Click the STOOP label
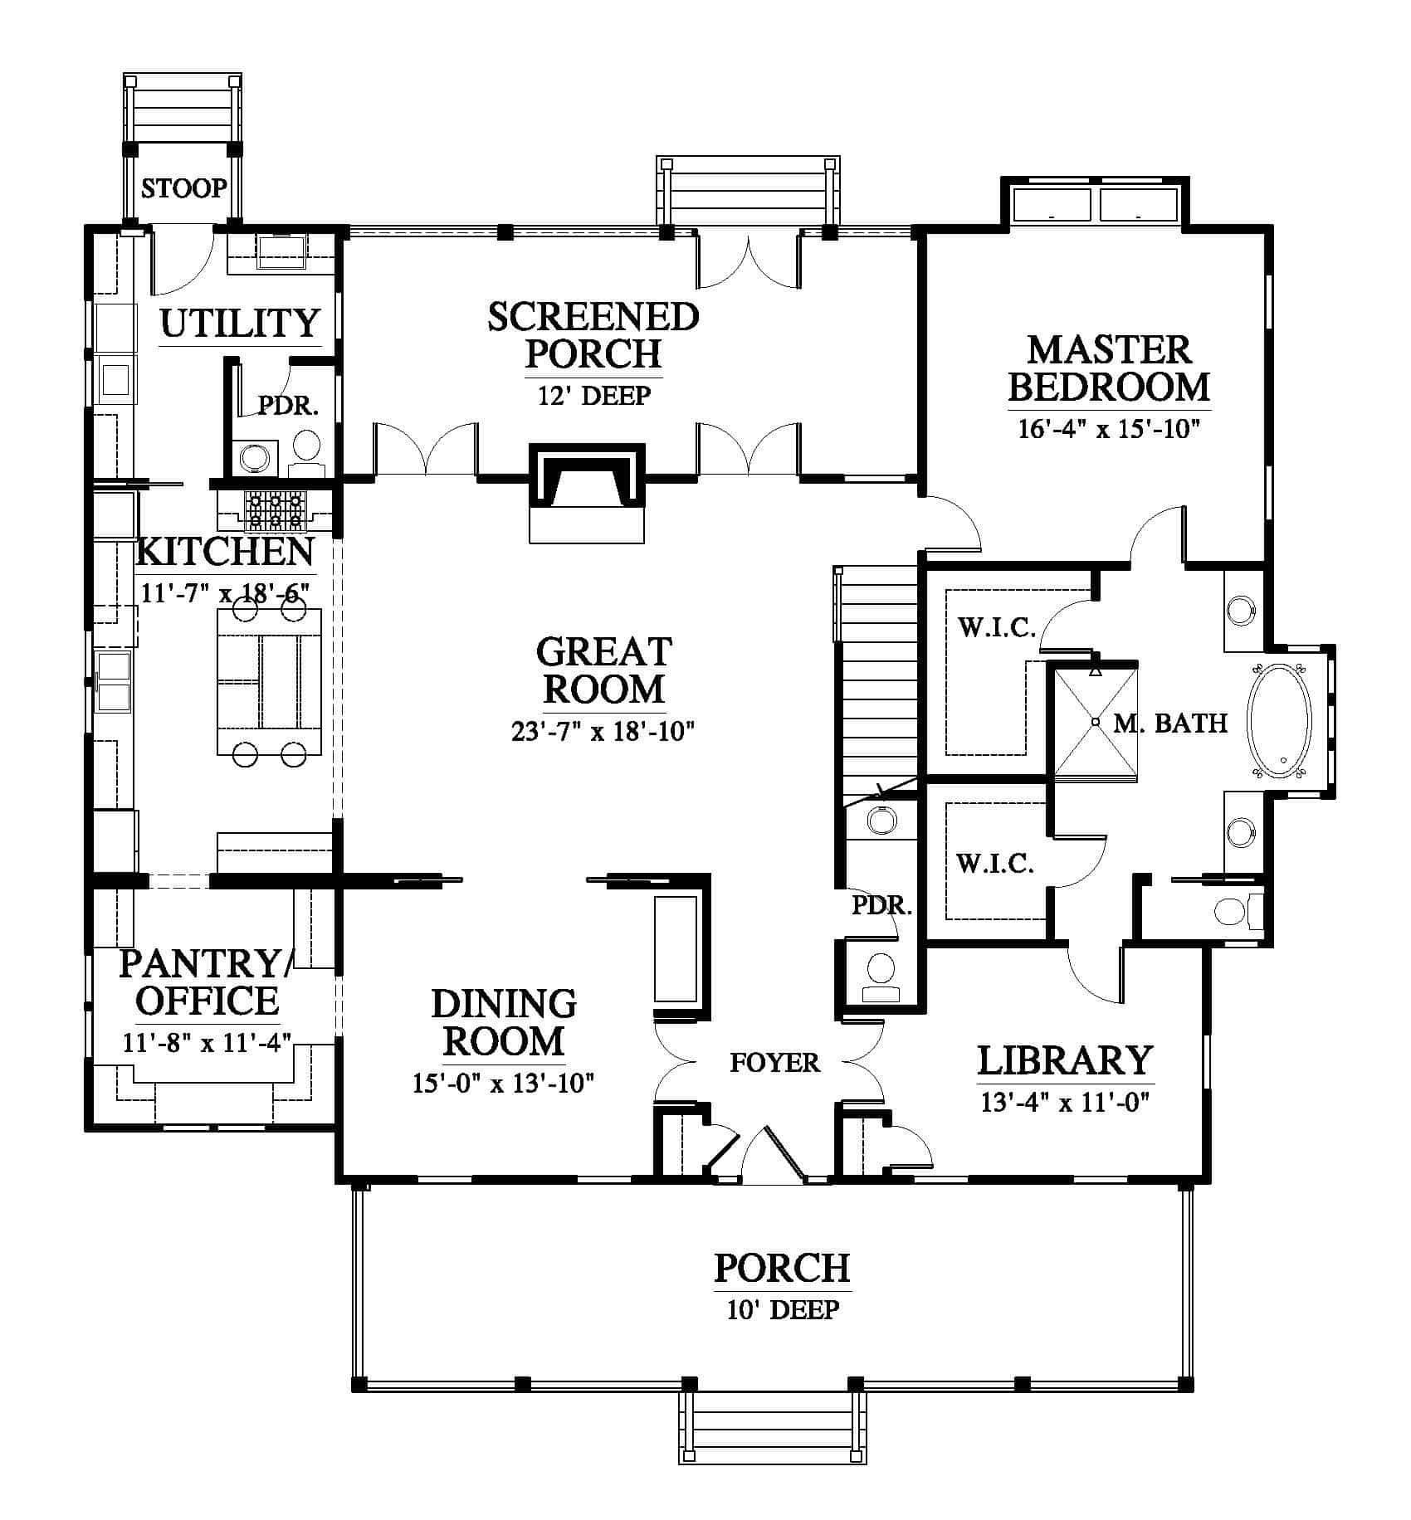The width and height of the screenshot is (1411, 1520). [x=183, y=189]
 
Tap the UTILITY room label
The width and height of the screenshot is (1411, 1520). [x=240, y=323]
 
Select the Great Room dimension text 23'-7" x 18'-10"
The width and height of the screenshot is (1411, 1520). [x=603, y=732]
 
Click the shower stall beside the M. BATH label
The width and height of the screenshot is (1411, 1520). [x=1095, y=721]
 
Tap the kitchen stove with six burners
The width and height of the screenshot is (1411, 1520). [x=276, y=510]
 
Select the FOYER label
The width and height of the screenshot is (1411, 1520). [x=774, y=1062]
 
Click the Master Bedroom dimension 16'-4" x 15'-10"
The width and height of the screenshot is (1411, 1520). [x=1109, y=429]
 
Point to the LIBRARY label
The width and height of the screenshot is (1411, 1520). [x=1065, y=1060]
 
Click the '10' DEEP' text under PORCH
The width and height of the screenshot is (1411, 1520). [x=783, y=1310]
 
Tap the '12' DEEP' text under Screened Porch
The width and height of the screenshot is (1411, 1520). [x=593, y=395]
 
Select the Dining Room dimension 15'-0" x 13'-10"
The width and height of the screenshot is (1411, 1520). [x=504, y=1083]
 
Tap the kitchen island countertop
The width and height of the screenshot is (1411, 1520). [x=269, y=682]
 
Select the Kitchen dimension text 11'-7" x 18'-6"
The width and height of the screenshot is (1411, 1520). [x=226, y=592]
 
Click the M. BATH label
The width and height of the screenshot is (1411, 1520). [x=1170, y=723]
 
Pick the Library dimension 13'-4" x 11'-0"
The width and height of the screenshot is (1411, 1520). [x=1065, y=1102]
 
